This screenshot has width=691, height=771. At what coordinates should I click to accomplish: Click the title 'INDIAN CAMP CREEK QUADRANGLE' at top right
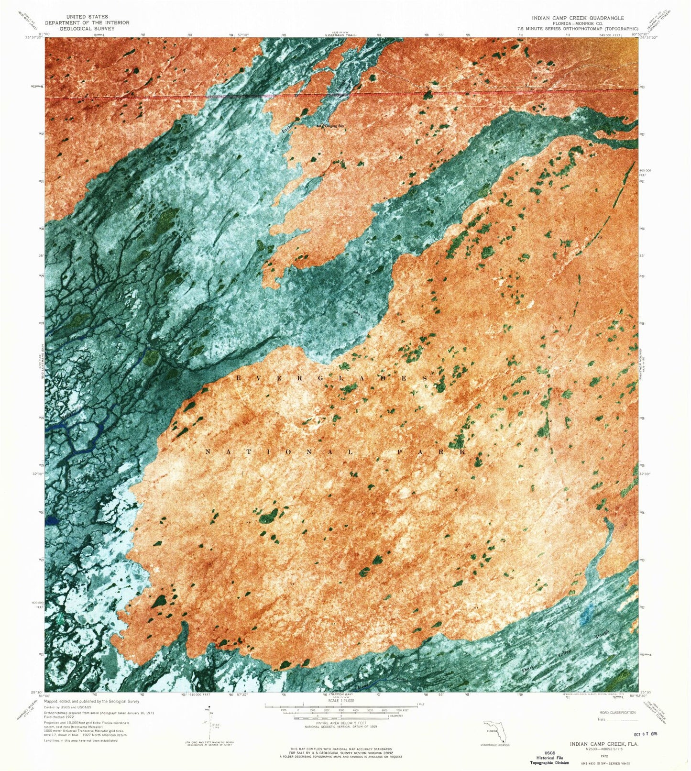574,18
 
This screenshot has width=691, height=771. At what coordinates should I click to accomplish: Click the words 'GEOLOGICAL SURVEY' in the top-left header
87,29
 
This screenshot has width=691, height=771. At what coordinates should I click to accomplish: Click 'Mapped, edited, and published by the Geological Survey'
91,701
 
